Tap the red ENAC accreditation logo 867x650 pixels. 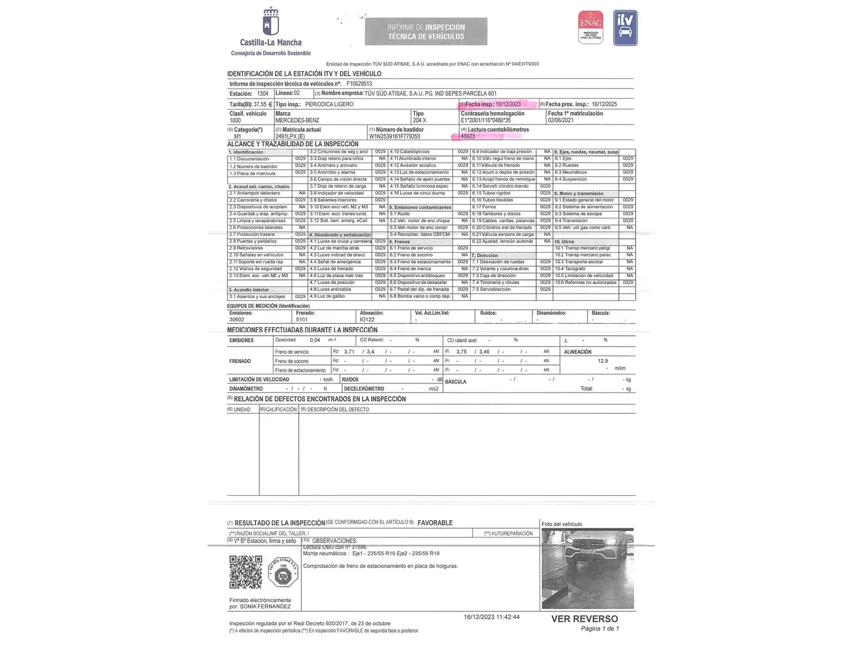click(x=590, y=27)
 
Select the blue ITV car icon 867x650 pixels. click(x=625, y=28)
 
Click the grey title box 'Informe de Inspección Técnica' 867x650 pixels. click(x=426, y=32)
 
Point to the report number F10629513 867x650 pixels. click(x=359, y=84)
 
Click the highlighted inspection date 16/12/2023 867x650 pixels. click(x=508, y=104)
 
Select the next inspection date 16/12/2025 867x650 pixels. click(x=604, y=104)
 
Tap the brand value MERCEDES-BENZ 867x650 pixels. click(x=297, y=120)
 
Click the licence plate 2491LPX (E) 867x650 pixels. click(x=290, y=137)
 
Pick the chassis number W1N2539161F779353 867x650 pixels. click(x=394, y=137)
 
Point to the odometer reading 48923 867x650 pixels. click(x=468, y=137)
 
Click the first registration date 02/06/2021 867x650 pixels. click(x=561, y=120)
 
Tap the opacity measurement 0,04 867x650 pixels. click(x=315, y=340)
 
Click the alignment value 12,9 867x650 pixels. click(x=603, y=361)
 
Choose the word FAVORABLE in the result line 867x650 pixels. click(x=435, y=523)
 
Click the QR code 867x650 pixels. click(x=246, y=572)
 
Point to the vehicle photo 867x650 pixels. click(x=588, y=569)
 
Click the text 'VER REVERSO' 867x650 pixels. click(x=584, y=619)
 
